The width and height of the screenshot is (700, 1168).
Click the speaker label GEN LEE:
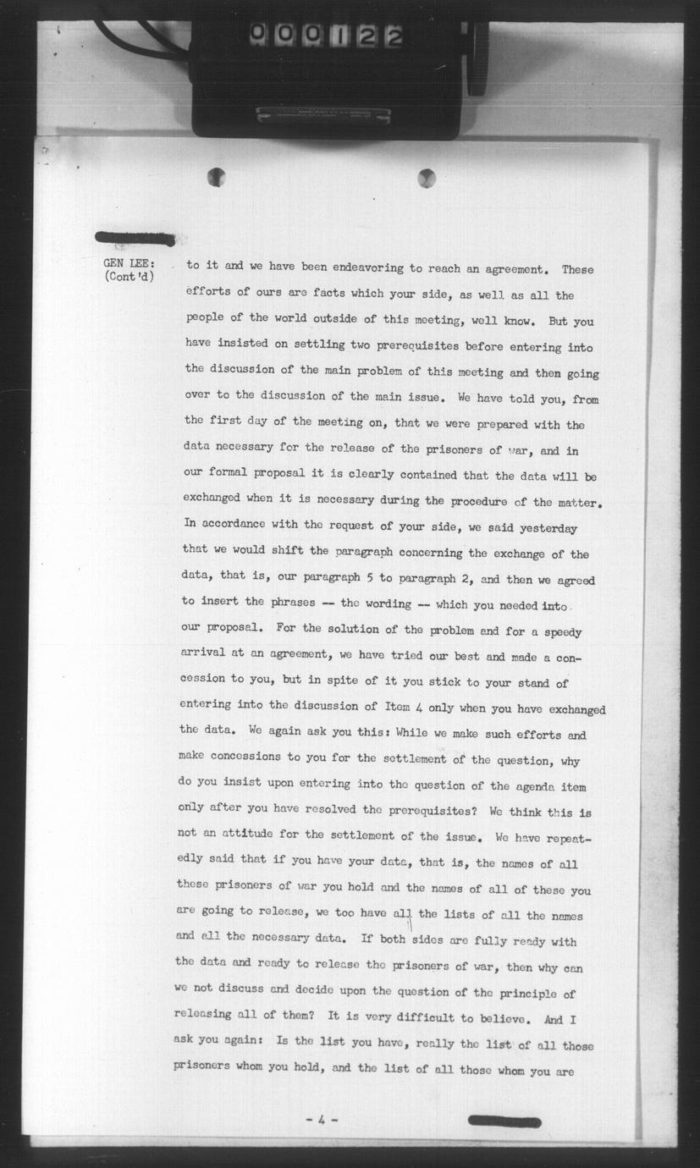(129, 263)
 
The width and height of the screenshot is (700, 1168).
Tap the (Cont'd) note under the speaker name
(130, 277)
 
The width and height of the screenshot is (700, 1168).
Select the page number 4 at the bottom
(322, 1120)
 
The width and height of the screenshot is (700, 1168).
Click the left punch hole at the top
(217, 177)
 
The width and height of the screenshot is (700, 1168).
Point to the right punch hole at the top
(427, 178)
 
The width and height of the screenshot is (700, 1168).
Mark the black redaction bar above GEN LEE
(135, 239)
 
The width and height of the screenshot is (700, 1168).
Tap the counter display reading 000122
(326, 35)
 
